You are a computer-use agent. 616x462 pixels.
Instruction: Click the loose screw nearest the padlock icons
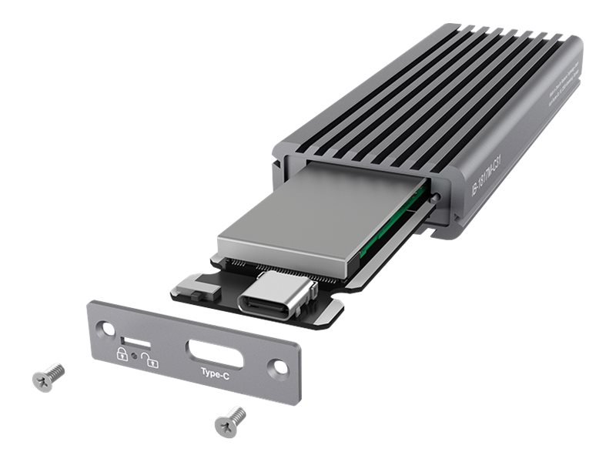(x=48, y=376)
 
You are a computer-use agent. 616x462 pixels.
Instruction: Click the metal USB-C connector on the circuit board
(x=274, y=296)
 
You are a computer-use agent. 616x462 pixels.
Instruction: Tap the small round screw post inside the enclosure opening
(x=437, y=199)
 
